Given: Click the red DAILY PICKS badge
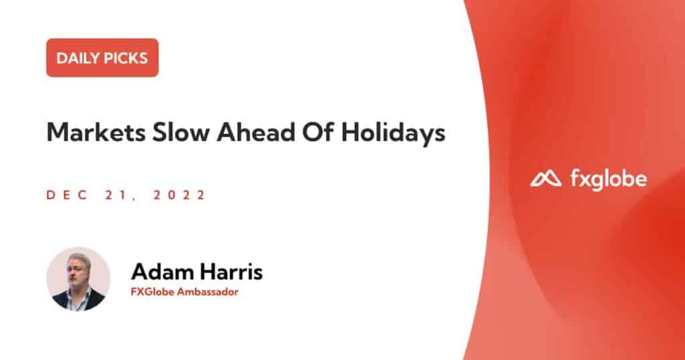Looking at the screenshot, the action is [102, 58].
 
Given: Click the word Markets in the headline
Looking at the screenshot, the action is [96, 132].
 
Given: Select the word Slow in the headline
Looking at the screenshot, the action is [181, 132].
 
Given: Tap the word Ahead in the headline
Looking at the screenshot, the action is [256, 132].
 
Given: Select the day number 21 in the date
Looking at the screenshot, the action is [116, 195].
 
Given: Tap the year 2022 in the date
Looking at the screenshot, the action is [179, 195].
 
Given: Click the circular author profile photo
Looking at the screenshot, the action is [79, 279].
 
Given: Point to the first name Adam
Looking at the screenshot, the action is [163, 271].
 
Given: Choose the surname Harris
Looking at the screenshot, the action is [231, 271].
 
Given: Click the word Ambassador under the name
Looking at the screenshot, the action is [207, 292].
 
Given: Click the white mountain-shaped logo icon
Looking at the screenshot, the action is [546, 178].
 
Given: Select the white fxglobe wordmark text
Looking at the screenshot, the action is [609, 179].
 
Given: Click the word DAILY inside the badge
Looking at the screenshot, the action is [75, 58].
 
